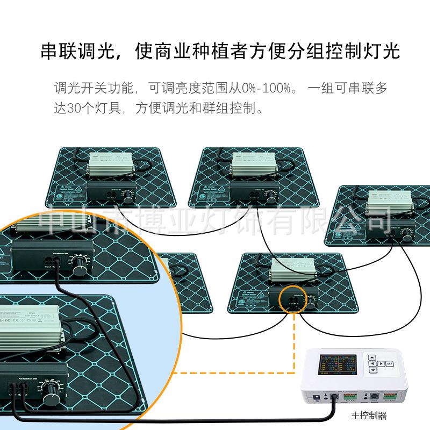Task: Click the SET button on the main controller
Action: tap(389, 363)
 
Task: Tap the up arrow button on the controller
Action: tap(372, 356)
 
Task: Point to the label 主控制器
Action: tap(369, 415)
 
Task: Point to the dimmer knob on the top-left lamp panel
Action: tap(128, 197)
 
